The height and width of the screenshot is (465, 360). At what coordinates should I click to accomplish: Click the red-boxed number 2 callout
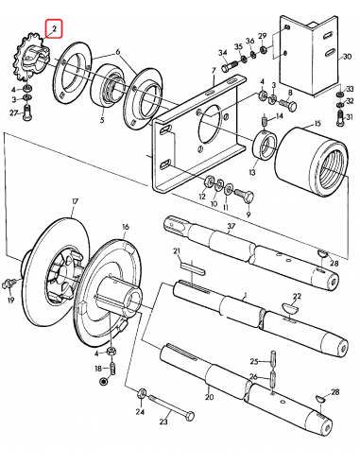[54, 30]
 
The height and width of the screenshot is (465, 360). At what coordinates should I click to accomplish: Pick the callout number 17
[75, 202]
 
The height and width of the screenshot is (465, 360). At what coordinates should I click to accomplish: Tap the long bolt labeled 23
[170, 414]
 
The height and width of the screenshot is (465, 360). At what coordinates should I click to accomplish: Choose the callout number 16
[125, 228]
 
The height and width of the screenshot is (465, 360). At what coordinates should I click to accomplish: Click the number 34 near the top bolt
[223, 53]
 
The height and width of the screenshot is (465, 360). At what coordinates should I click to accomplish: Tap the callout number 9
[249, 215]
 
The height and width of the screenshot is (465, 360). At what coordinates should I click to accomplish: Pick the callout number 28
[335, 392]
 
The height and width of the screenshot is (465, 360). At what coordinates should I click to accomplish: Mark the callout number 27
[13, 112]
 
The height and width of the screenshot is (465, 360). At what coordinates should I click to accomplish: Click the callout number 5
[102, 121]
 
